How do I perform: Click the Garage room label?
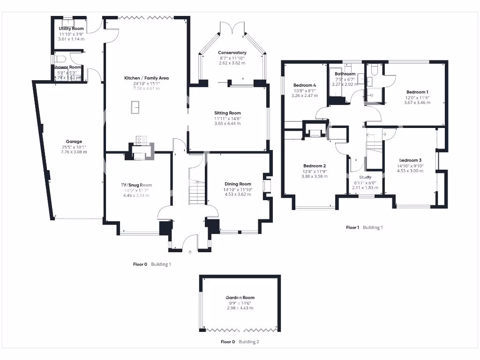(74, 142)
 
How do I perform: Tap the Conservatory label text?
(232, 52)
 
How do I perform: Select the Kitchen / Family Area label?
(146, 78)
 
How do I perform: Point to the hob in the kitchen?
(141, 140)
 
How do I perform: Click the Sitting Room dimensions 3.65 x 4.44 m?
(227, 123)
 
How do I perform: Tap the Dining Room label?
(238, 184)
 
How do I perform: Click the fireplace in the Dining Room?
(266, 186)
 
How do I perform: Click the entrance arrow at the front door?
(190, 253)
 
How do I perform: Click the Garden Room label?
(240, 298)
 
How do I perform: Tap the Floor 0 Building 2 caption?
(240, 342)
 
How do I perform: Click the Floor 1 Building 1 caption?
(364, 227)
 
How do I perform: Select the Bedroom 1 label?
(417, 92)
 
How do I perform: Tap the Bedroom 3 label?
(410, 160)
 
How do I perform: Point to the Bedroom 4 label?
(304, 85)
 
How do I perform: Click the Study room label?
(365, 177)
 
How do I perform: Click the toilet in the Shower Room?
(59, 60)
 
